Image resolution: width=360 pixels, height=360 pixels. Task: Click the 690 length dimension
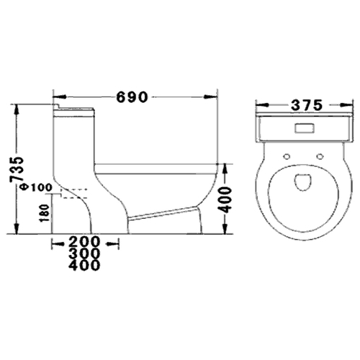[x=132, y=97]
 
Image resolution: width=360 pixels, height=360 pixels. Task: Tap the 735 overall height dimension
[x=17, y=169]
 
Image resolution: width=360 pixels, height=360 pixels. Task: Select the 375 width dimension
[x=307, y=105]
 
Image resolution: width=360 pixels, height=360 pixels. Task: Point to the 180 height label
[x=45, y=213]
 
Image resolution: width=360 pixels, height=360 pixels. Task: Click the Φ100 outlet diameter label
[x=37, y=187]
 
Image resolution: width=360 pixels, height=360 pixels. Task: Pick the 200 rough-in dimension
[x=84, y=242]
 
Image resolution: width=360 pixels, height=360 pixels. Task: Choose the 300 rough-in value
[x=84, y=253]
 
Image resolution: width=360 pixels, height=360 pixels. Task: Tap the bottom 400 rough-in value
[x=84, y=265]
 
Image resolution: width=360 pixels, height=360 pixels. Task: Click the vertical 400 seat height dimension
[x=226, y=200]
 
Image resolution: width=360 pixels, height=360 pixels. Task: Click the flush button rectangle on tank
[x=305, y=128]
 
